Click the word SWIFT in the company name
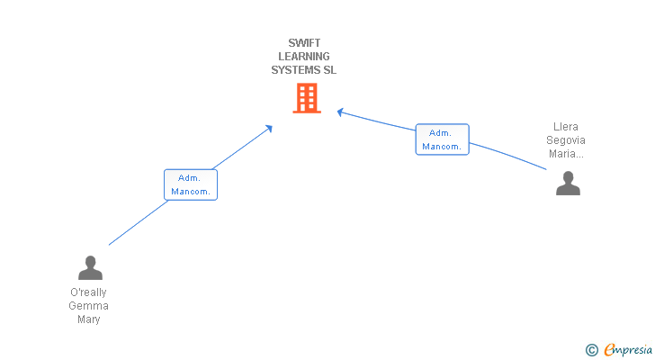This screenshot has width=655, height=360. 304,42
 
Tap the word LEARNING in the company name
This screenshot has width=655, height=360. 304,56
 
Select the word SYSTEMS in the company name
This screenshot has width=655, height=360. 295,69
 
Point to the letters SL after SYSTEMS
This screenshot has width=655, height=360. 329,69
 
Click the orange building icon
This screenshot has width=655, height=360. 306,98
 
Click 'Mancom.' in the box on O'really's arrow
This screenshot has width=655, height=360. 191,192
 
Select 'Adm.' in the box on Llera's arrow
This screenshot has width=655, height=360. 441,132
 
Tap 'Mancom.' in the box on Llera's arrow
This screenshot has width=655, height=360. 442,146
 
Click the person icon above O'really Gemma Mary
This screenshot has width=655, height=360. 90,267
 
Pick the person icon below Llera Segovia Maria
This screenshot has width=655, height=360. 568,183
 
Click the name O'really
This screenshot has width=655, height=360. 88,292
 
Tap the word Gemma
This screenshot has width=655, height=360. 88,306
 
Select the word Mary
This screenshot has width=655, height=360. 88,319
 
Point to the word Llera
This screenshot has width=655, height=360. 566,127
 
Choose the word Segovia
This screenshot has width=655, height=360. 566,140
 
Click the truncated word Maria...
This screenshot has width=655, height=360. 566,154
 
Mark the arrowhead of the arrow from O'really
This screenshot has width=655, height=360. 269,129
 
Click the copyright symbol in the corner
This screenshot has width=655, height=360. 591,349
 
